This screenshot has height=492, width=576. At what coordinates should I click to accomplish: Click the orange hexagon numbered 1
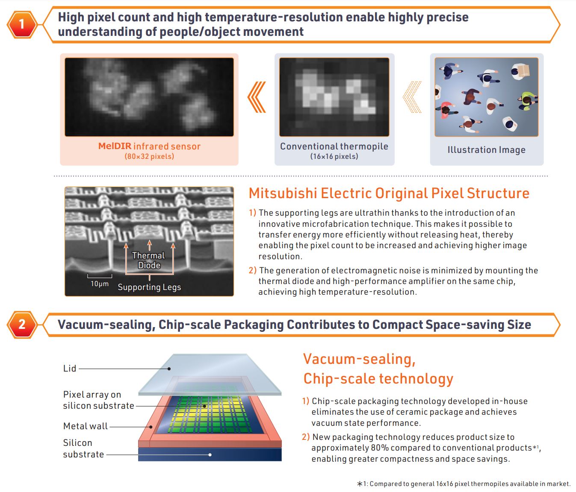[22, 24]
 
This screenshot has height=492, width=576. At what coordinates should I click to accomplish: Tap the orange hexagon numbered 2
[22, 325]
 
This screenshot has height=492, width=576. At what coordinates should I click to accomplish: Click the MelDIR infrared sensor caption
[149, 146]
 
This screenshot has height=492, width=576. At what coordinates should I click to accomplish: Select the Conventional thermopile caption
[334, 146]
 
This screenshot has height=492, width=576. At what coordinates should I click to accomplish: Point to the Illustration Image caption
[486, 150]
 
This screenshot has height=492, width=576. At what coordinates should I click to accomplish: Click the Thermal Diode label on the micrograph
[148, 261]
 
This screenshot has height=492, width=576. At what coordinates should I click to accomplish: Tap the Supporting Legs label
[149, 287]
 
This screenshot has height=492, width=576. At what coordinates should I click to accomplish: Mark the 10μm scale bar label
[99, 284]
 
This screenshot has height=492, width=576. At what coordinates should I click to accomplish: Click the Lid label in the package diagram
[70, 369]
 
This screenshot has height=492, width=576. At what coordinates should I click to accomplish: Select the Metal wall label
[86, 426]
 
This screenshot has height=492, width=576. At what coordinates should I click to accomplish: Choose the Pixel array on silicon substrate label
[98, 400]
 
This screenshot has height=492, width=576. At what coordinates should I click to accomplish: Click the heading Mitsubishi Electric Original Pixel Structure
[389, 193]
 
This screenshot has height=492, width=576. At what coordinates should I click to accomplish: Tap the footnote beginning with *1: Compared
[464, 484]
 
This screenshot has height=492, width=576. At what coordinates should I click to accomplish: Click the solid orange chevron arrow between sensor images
[257, 97]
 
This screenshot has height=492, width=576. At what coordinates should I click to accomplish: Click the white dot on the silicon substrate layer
[210, 455]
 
